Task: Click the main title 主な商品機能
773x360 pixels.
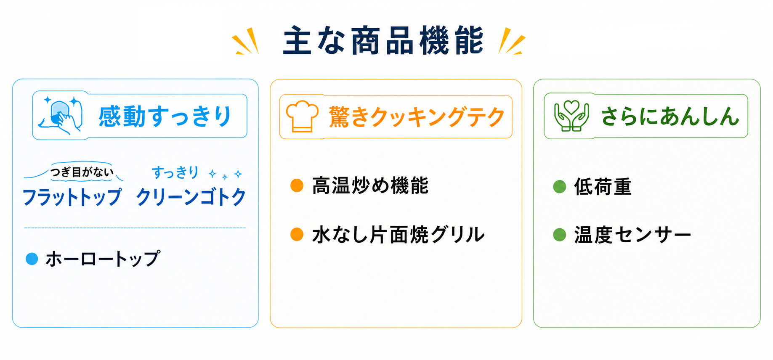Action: tap(383, 41)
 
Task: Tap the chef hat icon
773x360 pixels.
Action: tap(302, 116)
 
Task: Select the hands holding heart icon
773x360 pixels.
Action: tap(571, 116)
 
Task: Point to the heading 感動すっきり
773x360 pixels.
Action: tap(165, 116)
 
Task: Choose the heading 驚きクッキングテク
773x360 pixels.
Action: tap(417, 117)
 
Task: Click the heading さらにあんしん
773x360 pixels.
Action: tap(670, 116)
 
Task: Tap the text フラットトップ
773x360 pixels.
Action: tap(72, 197)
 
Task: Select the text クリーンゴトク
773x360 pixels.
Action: tap(191, 197)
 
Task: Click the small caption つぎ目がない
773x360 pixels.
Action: tap(82, 172)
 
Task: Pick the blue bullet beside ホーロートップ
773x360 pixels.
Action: tap(32, 259)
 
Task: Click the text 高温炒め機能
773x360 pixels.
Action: tap(370, 185)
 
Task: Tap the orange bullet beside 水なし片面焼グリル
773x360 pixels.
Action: tap(297, 234)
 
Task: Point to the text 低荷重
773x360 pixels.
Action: tap(603, 187)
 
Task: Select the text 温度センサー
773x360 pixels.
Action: tap(632, 235)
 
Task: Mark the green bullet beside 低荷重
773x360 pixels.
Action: tap(560, 186)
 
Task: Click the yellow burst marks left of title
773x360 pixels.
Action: tap(246, 41)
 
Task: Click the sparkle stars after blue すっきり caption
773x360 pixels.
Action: tap(226, 174)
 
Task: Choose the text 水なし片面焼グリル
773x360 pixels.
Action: tap(398, 234)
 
